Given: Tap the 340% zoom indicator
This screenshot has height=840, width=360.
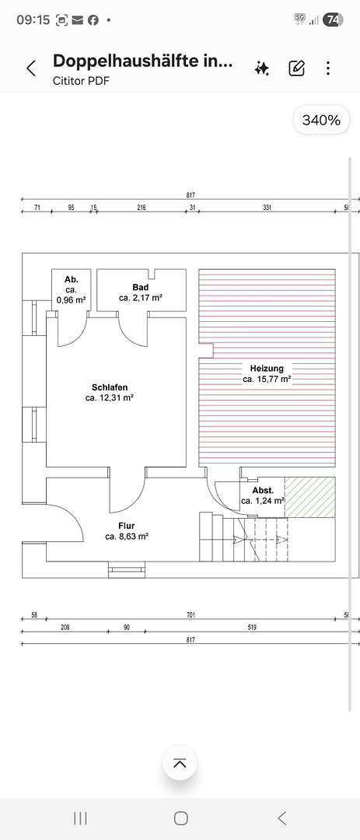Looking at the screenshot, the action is coord(321,120).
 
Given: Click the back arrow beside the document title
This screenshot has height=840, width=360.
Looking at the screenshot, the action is coord(31,68).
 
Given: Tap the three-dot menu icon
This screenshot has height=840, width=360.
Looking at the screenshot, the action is coord(328,68).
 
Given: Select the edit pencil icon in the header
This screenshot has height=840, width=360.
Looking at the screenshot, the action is coord(297,68).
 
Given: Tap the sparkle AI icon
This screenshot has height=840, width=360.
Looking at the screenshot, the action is coord(262,68).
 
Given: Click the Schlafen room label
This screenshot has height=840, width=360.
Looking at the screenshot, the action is coord(110,387).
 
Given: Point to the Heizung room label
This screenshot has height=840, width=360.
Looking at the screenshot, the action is coord(267,369).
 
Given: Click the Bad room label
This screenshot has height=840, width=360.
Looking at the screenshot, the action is coord(141,288).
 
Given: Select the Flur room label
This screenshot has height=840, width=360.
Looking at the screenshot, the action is coord(127,526).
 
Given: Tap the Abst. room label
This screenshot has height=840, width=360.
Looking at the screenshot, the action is coord(263,490).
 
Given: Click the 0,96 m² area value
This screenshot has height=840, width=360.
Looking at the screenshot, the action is coord(72,300).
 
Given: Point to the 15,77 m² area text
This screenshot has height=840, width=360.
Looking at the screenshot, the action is coord(267,380).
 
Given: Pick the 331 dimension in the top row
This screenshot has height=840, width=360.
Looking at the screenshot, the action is coord(267,208).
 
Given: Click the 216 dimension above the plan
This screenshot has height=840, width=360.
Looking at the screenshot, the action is coord(142,208).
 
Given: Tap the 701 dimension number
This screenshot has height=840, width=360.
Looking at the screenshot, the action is coord(190,615).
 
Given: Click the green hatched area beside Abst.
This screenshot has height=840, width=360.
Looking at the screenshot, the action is coord(309,498).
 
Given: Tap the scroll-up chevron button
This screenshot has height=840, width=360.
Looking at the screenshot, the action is coord(180,764).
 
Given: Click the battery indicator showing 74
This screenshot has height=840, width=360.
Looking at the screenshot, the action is coord(333,19).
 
